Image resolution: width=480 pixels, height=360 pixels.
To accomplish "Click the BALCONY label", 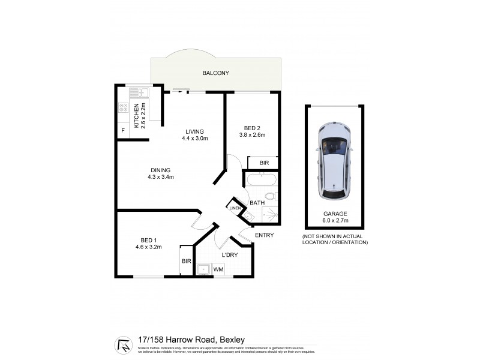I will point(215,73).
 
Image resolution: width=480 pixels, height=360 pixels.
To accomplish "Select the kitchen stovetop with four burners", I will point(124,109).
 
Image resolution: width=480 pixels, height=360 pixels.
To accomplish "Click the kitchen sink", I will point(139,92).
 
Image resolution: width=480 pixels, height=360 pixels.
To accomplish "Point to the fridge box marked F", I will point(123,130).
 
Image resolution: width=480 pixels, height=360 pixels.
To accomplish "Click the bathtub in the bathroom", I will point(259,179).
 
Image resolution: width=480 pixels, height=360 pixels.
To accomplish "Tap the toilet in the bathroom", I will point(270,196).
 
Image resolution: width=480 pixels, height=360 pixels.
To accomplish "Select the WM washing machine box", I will point(218,269).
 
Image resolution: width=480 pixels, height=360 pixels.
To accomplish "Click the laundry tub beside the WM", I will point(203,269).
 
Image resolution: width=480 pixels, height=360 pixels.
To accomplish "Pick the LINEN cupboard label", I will point(235,208).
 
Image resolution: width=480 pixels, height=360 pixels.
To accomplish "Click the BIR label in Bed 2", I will point(264,163).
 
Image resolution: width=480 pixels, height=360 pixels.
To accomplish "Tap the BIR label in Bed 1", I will point(186,262).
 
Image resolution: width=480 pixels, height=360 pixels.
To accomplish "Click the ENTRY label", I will point(265,235).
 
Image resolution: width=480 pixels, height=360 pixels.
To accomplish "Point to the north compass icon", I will point(124,344).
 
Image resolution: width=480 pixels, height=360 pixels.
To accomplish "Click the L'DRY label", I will point(230,256).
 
